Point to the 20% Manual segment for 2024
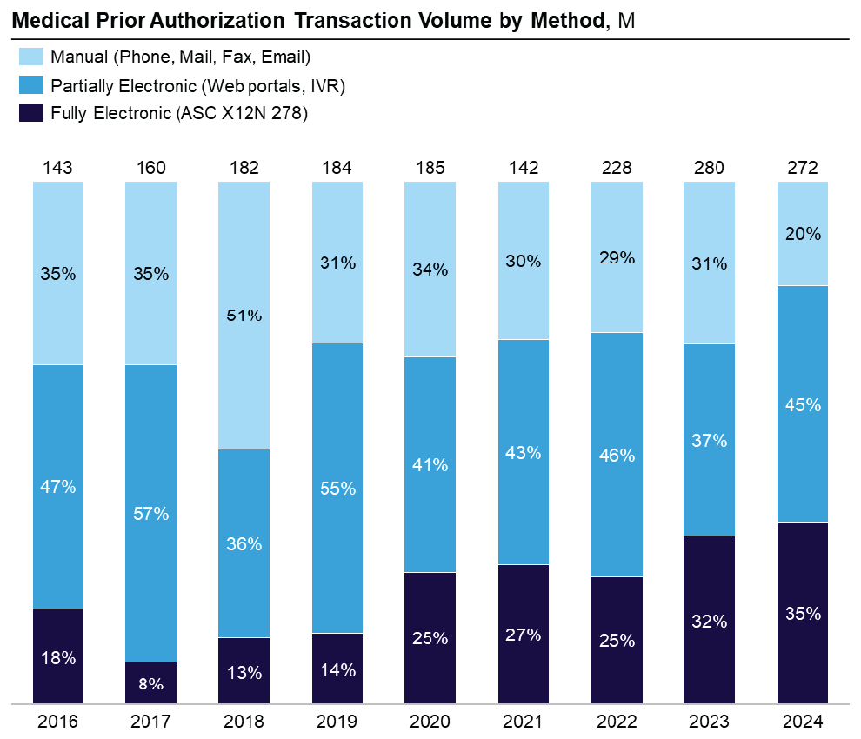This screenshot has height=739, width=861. pos(803,233)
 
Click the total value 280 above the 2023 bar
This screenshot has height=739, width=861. pos(710,168)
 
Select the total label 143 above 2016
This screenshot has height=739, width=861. pos(58,168)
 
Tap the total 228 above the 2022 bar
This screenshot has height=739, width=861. pos(617,168)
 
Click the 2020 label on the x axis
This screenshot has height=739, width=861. pos(430,722)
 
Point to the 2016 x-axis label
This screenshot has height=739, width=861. pos(58,722)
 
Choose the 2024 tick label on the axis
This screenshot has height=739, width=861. pos(803,722)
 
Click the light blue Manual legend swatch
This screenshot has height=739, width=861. pos(30,57)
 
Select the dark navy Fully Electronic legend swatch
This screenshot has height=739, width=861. pos(30,113)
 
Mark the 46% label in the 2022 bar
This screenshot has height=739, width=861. pos(617,455)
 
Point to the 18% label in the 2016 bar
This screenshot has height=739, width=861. pos(58,658)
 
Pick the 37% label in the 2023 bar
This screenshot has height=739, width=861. pos(710,441)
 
